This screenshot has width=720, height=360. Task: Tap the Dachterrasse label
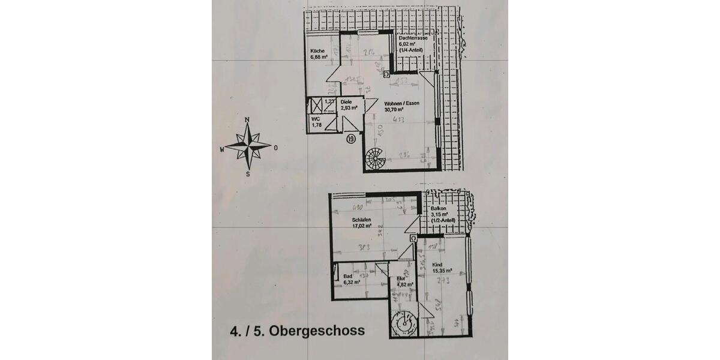pos(413,38)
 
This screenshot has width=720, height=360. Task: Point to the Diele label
pos(346,102)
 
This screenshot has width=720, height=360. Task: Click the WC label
pos(314,119)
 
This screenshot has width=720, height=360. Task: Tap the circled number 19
pos(351,139)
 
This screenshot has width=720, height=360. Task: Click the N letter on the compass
pos(248,120)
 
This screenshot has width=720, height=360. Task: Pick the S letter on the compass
pos(248,174)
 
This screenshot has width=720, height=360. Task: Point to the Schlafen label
pos(361,220)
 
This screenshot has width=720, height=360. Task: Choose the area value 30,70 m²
pos(394,109)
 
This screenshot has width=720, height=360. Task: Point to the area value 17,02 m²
pos(362,227)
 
